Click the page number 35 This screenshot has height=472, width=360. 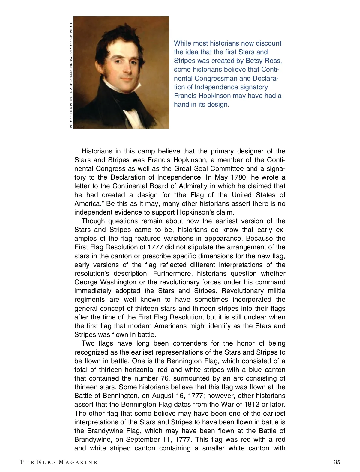(x=337, y=462)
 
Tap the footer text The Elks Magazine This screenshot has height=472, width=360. (x=58, y=462)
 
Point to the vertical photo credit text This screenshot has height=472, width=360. (x=71, y=75)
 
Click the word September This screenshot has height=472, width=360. (x=142, y=439)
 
